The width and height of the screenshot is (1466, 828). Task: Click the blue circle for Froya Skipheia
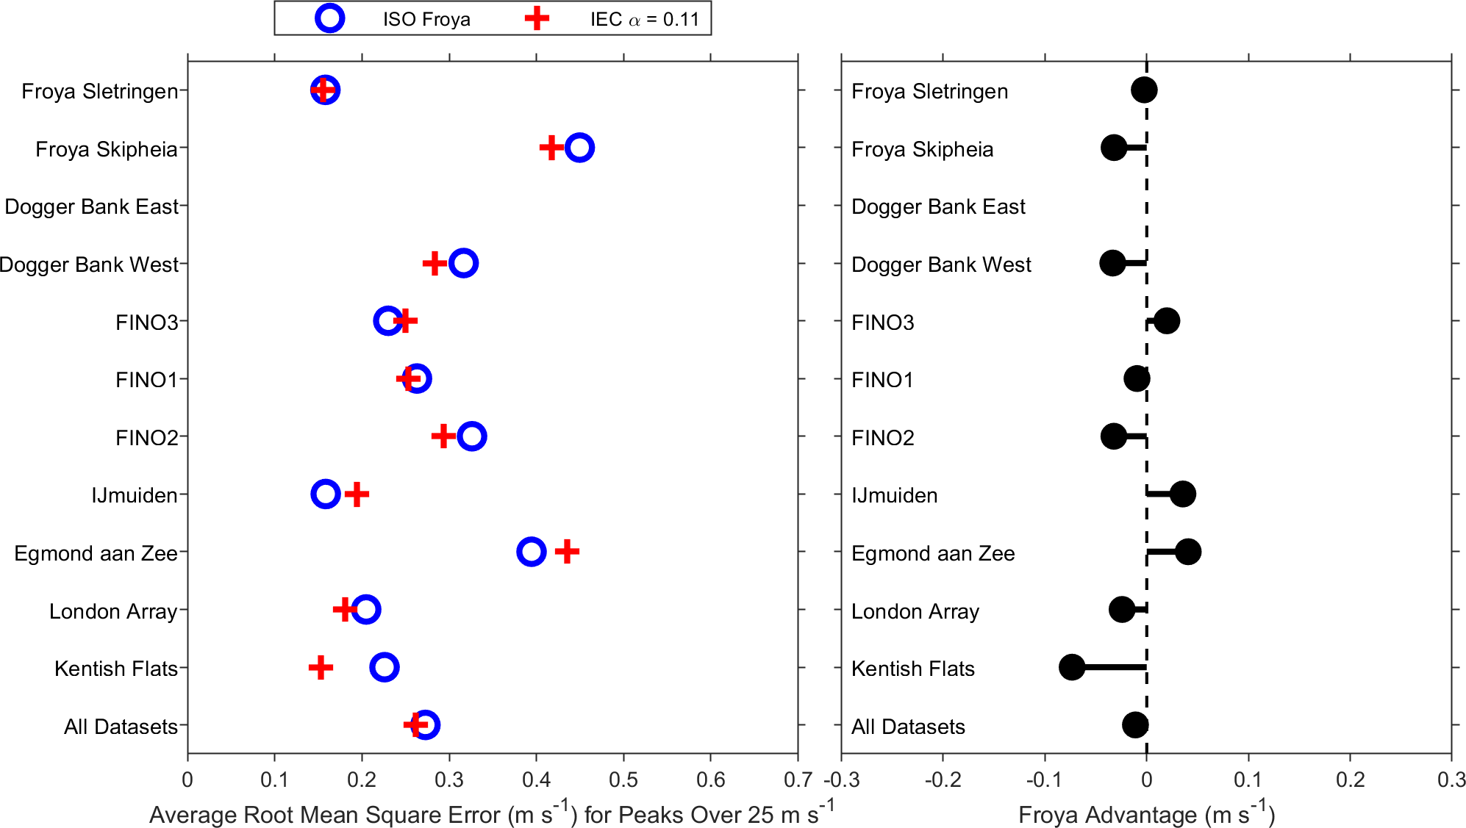click(x=579, y=148)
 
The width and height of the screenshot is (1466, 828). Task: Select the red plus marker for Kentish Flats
click(x=321, y=668)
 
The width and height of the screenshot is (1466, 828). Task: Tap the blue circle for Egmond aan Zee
click(x=531, y=552)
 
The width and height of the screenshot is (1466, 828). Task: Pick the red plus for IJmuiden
click(x=357, y=494)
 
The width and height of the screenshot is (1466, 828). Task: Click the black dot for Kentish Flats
click(x=1072, y=667)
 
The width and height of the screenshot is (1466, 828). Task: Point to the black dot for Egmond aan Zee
click(x=1188, y=552)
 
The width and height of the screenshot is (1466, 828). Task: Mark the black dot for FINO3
click(x=1167, y=321)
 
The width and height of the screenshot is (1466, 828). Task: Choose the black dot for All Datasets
click(x=1135, y=725)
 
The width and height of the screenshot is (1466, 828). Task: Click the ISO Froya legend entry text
click(x=426, y=19)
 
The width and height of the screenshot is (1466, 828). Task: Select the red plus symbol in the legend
click(x=537, y=18)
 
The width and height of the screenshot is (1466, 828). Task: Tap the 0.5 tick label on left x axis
click(x=623, y=780)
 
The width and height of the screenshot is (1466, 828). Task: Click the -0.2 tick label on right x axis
click(x=943, y=780)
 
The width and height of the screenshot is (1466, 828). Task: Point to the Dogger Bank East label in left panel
click(x=92, y=206)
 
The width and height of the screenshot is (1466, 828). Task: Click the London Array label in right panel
click(x=915, y=611)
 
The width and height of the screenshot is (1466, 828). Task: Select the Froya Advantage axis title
click(x=1146, y=813)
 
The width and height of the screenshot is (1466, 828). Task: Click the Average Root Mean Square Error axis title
click(x=492, y=813)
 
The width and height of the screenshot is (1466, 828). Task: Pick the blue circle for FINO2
click(x=471, y=436)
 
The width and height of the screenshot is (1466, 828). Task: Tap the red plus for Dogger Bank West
click(x=435, y=263)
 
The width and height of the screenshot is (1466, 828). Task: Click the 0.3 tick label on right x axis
click(x=1451, y=780)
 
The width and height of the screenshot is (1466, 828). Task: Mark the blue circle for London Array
click(x=366, y=610)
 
